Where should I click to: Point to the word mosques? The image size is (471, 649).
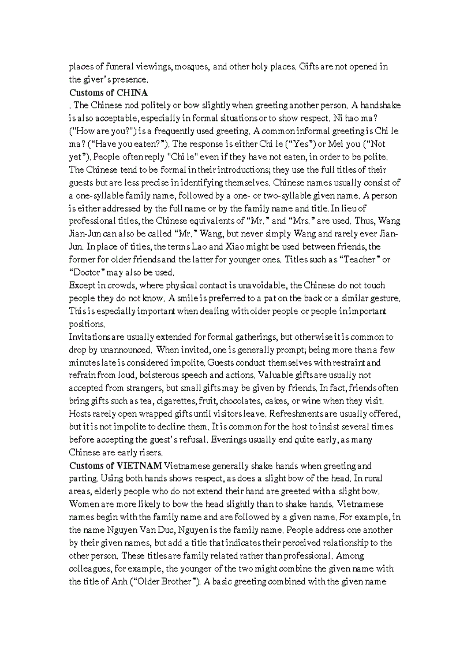(x=192, y=66)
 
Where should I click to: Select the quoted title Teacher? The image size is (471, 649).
(x=360, y=259)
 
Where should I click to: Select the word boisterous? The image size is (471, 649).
(x=166, y=375)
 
